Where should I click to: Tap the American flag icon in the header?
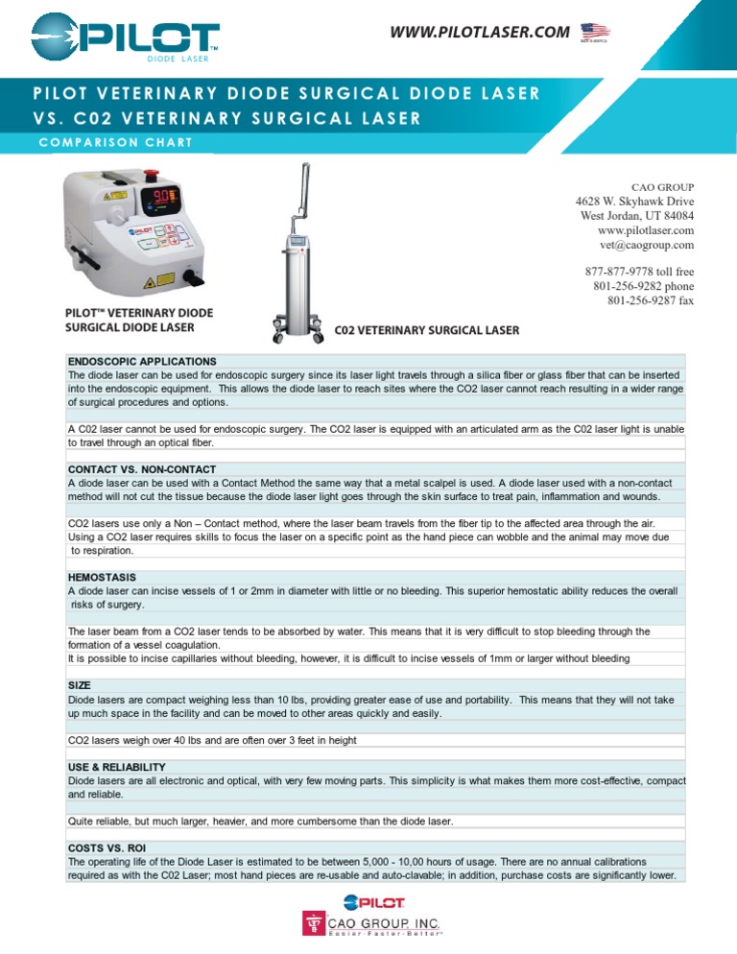(x=595, y=35)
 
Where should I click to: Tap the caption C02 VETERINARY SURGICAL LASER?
(x=426, y=331)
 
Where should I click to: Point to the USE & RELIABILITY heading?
(x=116, y=767)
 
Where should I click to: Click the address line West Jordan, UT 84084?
(x=637, y=216)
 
